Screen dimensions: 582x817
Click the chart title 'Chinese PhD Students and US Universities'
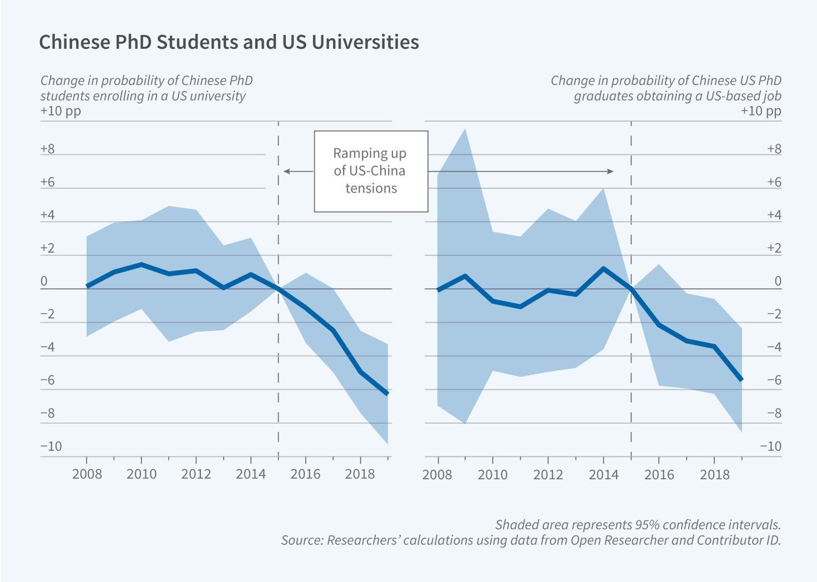pos(229,42)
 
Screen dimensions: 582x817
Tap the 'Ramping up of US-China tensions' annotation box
pos(371,171)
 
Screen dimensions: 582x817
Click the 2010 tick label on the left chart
pos(141,474)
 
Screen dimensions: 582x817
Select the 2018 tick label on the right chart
pos(714,474)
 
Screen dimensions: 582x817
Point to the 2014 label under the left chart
pos(251,474)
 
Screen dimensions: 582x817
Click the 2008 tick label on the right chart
pos(438,474)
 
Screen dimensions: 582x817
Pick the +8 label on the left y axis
pos(48,149)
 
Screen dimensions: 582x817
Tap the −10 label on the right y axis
pos(770,446)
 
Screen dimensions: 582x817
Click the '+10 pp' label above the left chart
pos(60,111)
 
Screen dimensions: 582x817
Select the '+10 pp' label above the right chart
pos(760,111)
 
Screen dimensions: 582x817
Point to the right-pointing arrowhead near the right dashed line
pos(611,172)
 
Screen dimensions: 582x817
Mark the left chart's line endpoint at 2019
pos(387,394)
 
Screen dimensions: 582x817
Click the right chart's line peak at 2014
pos(603,268)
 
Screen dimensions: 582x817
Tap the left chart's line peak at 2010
pos(141,264)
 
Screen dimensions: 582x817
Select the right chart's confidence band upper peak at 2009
pos(465,129)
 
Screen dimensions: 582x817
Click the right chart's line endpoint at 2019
pos(741,380)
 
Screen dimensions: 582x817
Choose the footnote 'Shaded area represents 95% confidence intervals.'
pos(638,525)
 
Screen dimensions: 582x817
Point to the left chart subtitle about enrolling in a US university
pos(146,88)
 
